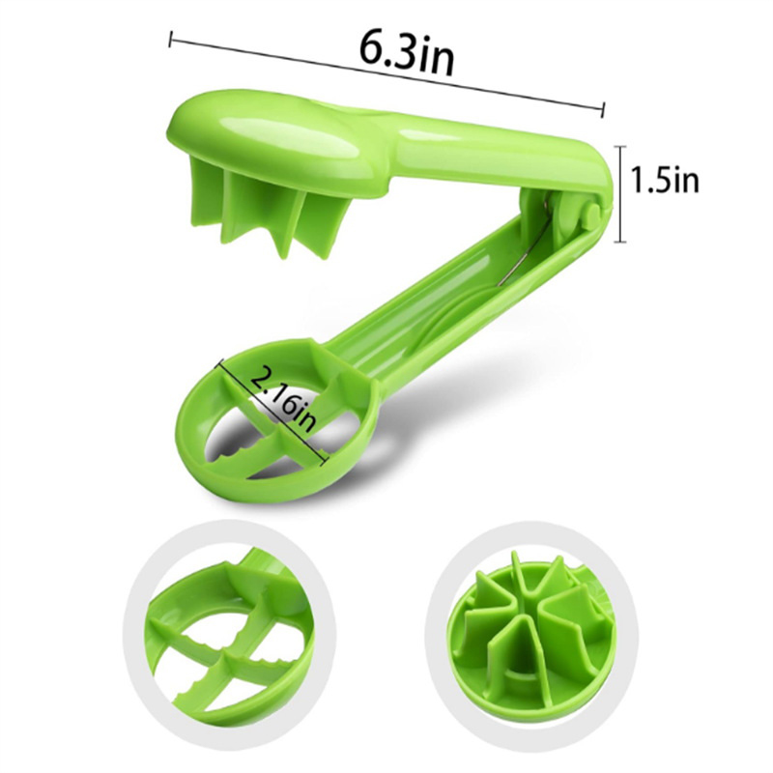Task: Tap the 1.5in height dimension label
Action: (665, 180)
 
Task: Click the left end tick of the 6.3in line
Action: (171, 40)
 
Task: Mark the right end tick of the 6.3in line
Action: (602, 109)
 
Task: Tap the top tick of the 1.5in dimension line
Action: (619, 147)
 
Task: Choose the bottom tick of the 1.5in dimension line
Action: (619, 242)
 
